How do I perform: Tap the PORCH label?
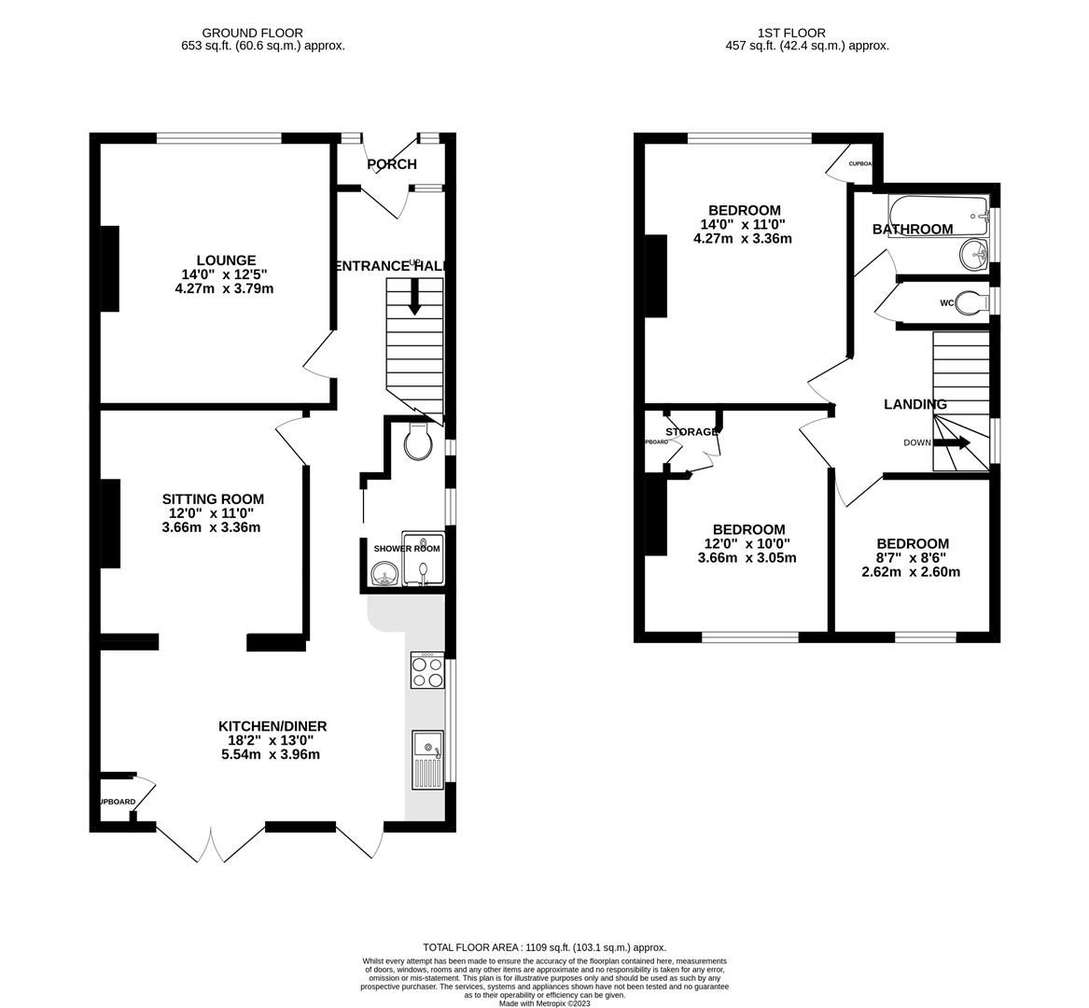[x=392, y=164]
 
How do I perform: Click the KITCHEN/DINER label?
[x=272, y=726]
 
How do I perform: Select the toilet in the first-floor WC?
[x=970, y=302]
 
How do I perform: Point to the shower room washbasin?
[x=384, y=579]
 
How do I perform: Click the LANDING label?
[x=915, y=404]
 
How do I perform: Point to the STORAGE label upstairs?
[x=691, y=432]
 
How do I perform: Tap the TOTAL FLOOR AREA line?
[x=544, y=946]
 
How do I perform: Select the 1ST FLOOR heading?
[x=778, y=33]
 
